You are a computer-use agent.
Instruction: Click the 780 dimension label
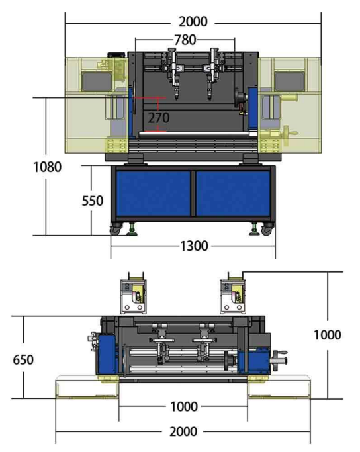coord(185,40)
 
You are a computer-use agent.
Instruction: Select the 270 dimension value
coord(159,118)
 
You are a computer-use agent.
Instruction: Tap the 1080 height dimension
coord(47,167)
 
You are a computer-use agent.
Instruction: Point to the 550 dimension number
coord(93,201)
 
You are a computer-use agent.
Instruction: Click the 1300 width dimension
coord(194,246)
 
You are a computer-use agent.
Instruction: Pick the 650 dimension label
coord(23,360)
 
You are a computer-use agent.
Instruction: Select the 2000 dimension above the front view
coord(193,22)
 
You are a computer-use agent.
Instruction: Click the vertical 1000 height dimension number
coord(328,335)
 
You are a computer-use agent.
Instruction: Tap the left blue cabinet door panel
coord(153,193)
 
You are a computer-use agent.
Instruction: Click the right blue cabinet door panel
coord(233,193)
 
